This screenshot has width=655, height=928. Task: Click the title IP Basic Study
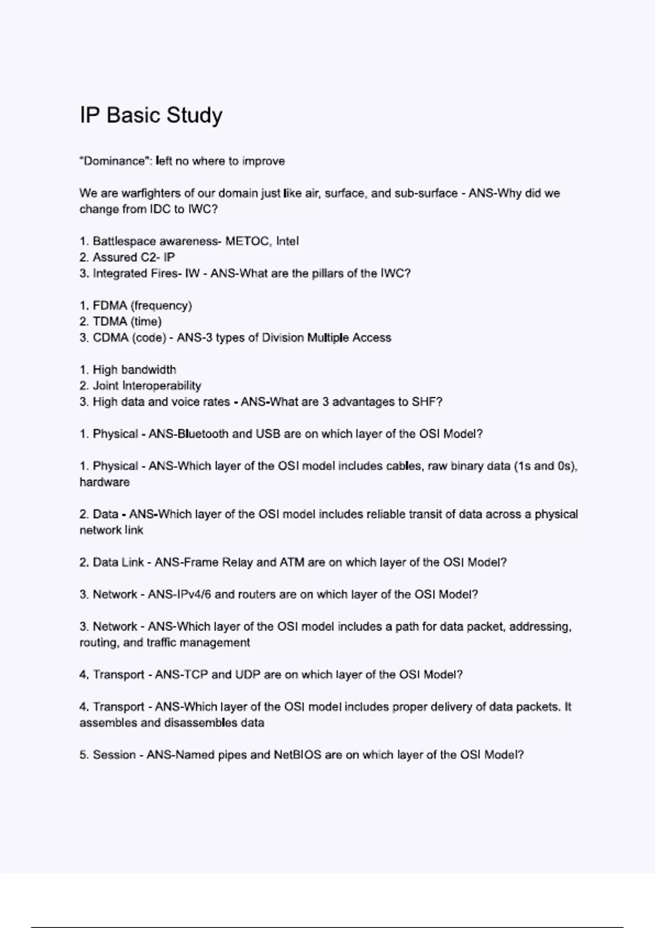pos(151,115)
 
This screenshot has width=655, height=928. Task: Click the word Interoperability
pos(162,386)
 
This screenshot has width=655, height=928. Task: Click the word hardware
pos(105,483)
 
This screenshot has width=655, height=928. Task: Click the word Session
pos(114,755)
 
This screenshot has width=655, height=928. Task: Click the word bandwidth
pos(148,370)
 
